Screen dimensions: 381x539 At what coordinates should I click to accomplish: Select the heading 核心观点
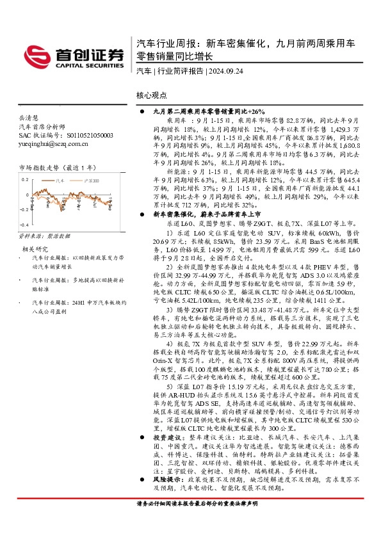point(152,95)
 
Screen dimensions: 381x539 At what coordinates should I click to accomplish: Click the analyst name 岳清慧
point(29,118)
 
